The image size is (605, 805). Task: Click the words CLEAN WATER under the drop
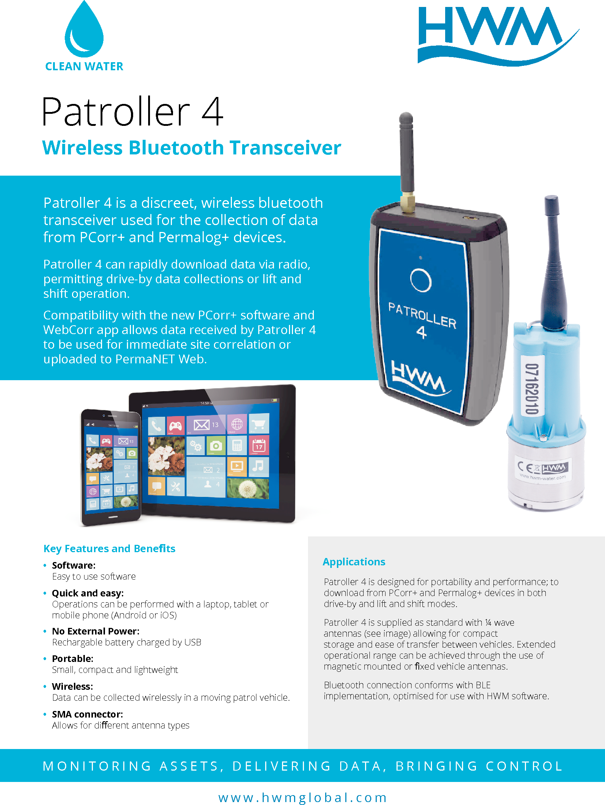pos(84,66)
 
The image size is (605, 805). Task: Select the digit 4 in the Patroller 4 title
pos(212,112)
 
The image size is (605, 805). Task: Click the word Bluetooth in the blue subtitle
pos(176,148)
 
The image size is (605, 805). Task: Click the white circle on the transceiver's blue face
pos(421,280)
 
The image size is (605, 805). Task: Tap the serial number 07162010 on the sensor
pos(532,389)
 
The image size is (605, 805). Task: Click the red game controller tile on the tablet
pos(176,426)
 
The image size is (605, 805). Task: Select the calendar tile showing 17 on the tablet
pos(259,445)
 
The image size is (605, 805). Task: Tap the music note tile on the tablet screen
pos(258,466)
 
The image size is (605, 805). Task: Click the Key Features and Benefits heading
pos(109,548)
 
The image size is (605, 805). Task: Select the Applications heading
pos(354,562)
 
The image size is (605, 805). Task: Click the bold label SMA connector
pos(87,714)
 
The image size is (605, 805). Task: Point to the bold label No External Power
pos(95,631)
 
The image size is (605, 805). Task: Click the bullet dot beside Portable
pos(45,659)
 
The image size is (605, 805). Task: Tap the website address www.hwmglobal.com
pos(302,798)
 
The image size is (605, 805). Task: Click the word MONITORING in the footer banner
pos(97,766)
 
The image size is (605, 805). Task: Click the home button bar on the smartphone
pos(113,517)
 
